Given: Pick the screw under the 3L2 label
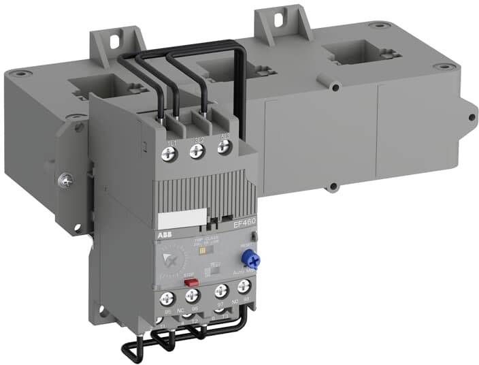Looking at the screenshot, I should [199, 155].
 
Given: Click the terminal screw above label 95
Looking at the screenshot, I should [167, 298].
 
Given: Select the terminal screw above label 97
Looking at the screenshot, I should [219, 291].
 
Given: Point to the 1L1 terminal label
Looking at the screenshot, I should [171, 142].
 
